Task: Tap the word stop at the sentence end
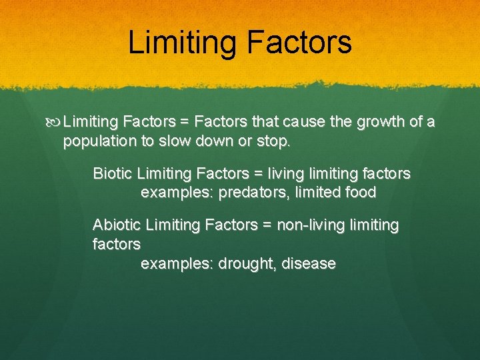pos(274,141)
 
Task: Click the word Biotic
pos(113,174)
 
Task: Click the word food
pos(361,193)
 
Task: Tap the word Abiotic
pos(117,225)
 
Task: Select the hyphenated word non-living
pos(307,225)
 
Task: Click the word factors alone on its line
pos(117,245)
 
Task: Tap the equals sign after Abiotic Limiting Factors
pos(267,225)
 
